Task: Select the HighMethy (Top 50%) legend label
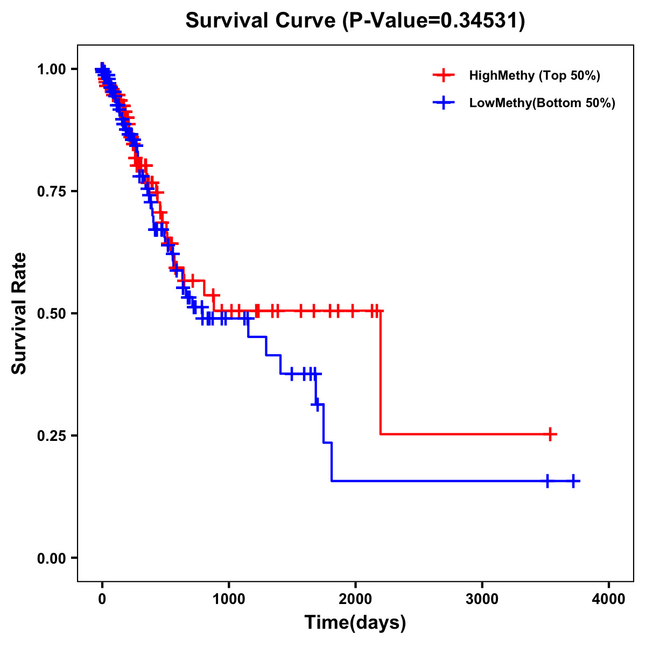(534, 75)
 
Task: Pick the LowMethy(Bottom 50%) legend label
(542, 103)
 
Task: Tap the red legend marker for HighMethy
(444, 75)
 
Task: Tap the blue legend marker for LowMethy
(444, 103)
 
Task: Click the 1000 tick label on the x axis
(229, 599)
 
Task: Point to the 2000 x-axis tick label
(355, 599)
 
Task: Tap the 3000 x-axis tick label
(482, 599)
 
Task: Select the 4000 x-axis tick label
(609, 599)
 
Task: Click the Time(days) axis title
(355, 623)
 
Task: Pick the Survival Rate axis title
(19, 313)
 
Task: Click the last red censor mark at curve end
(550, 434)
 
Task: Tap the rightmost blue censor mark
(573, 481)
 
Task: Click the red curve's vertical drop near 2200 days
(381, 371)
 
